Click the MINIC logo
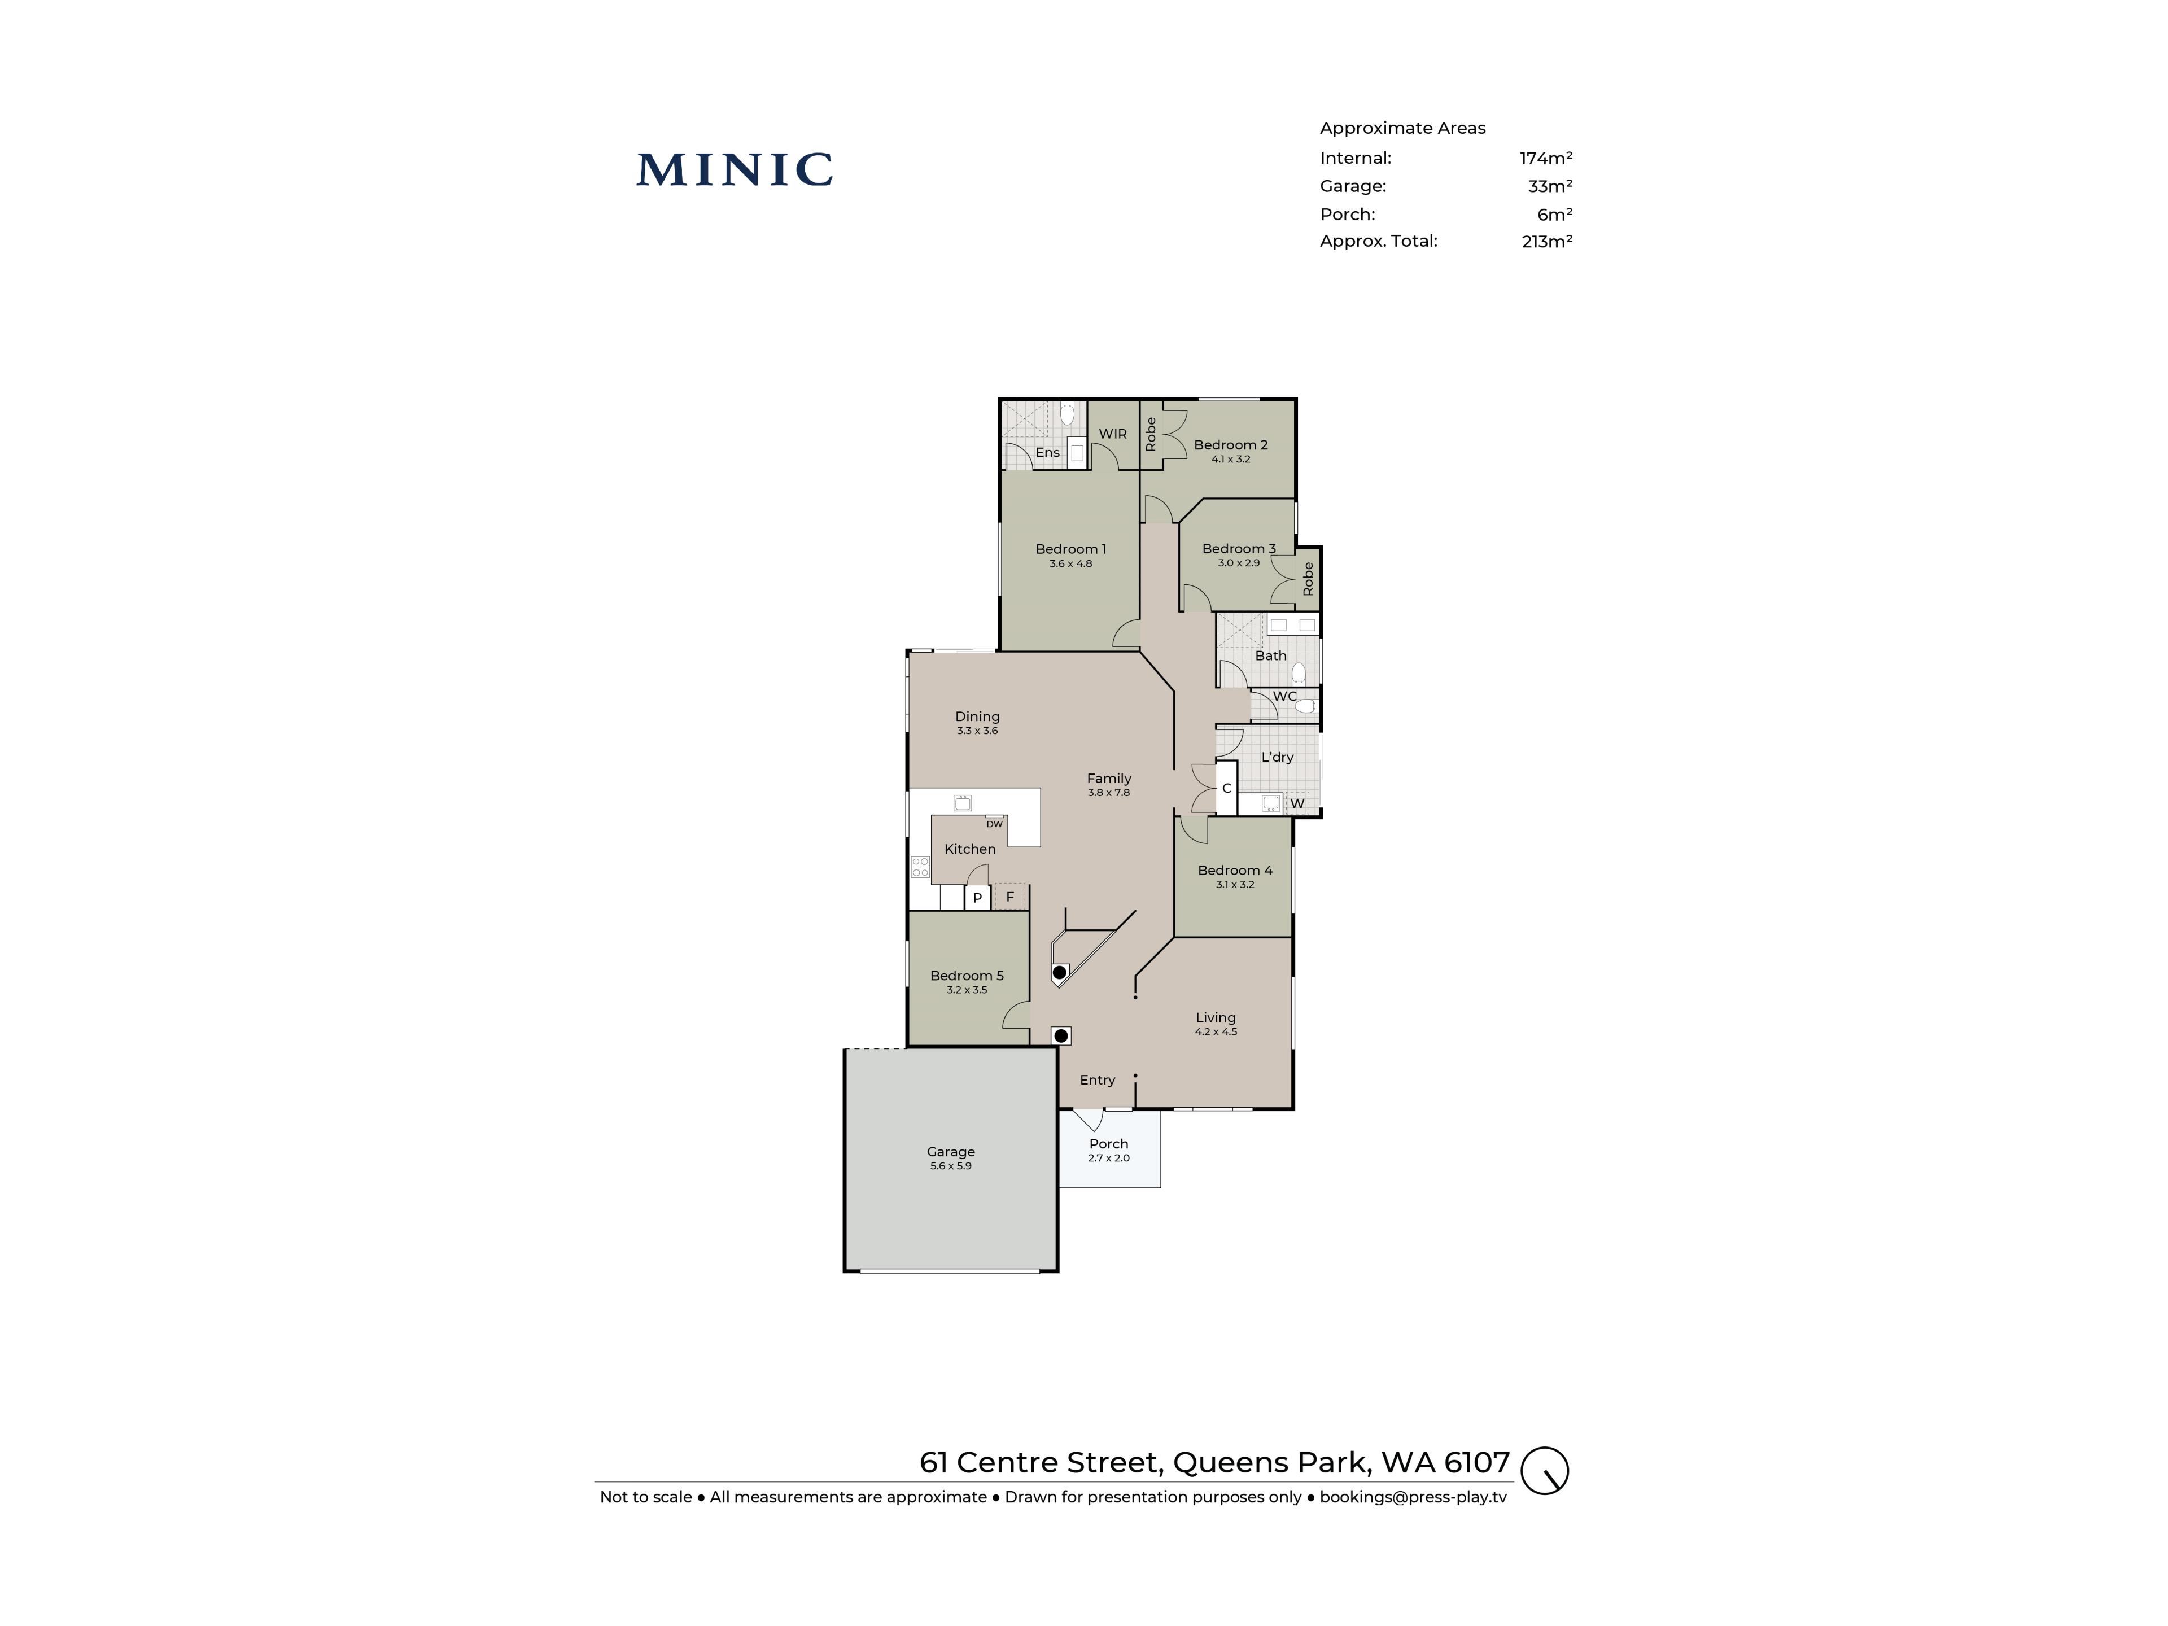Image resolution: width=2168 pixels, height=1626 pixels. tap(734, 169)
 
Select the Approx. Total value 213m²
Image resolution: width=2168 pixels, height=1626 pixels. tap(1546, 241)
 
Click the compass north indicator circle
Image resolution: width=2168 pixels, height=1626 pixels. tap(1545, 1470)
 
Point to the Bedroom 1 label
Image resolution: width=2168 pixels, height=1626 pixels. tap(1070, 549)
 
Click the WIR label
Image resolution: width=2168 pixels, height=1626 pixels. tap(1112, 433)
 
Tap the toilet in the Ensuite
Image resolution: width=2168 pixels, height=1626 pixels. tap(1067, 414)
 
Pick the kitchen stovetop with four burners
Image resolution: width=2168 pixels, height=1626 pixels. tap(919, 867)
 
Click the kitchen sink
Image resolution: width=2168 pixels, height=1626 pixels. tap(963, 803)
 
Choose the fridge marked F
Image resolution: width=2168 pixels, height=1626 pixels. tap(1009, 897)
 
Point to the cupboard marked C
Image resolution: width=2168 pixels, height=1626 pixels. tap(1226, 789)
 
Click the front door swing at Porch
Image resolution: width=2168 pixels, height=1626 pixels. tap(1090, 1119)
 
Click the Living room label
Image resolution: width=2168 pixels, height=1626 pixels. tap(1216, 1017)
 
